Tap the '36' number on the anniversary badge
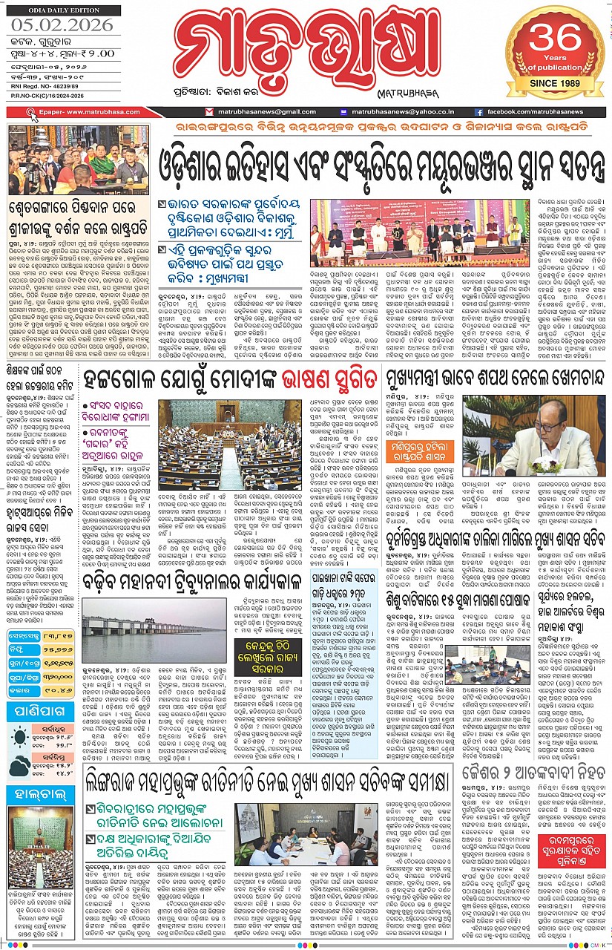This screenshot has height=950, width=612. click(x=556, y=42)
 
